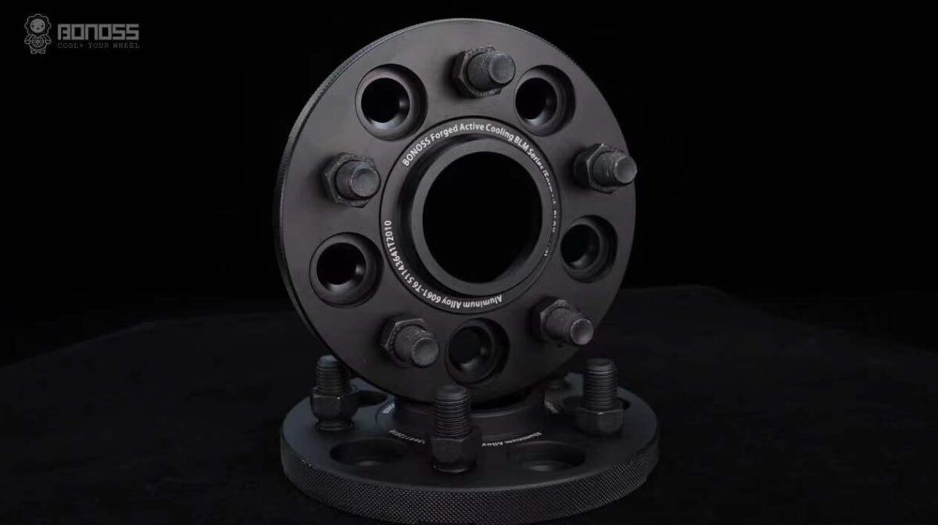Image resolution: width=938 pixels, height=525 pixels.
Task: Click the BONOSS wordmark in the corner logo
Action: (100, 31)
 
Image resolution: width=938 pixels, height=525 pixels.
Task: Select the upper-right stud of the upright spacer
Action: (605, 167)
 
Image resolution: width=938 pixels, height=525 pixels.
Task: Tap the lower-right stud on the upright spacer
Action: (564, 321)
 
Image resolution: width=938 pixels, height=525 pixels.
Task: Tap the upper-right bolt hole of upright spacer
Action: (543, 100)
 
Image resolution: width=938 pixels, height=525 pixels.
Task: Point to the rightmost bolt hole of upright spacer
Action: (588, 247)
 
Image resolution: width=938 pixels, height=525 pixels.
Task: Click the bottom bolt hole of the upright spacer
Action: (477, 349)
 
